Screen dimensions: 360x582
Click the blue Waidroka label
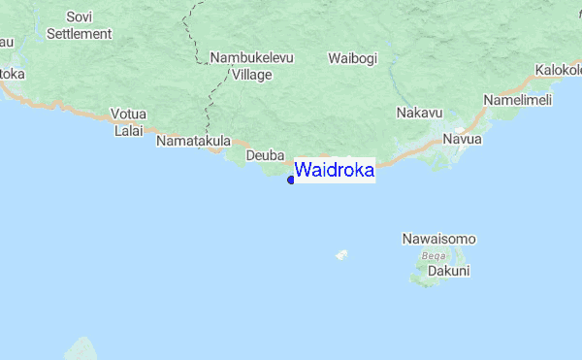coord(334,171)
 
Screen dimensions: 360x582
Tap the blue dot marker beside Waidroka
coord(291,179)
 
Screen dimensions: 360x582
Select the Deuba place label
coord(263,155)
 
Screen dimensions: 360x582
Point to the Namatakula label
coord(194,141)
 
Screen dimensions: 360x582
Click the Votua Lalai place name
coord(128,121)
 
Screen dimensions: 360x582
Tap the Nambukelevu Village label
coord(250,66)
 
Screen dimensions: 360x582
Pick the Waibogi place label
coord(352,58)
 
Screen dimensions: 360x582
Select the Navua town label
coord(462,140)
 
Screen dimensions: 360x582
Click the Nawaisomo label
coord(438,239)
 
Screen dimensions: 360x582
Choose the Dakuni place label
coord(449,272)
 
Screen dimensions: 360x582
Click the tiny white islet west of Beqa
coord(341,256)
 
